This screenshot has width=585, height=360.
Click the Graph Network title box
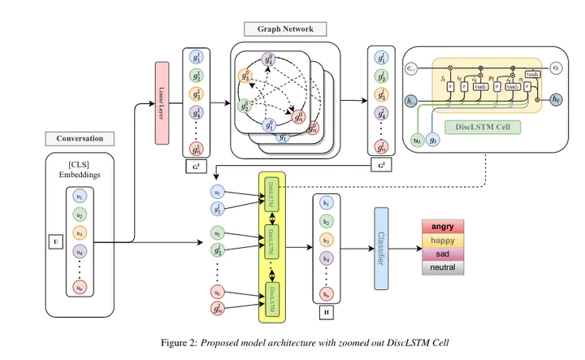[x=291, y=28]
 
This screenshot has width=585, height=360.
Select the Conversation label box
[x=80, y=138]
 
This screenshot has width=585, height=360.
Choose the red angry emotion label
[x=444, y=227]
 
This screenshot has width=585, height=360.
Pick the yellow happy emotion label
[x=444, y=241]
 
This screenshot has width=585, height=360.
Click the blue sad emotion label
[x=444, y=254]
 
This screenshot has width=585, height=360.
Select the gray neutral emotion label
[x=444, y=267]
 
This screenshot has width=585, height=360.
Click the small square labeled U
[x=56, y=241]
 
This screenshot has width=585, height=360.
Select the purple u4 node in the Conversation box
[x=79, y=251]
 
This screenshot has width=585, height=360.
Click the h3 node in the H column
[x=327, y=240]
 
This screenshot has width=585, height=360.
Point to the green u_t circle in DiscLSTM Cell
[x=418, y=140]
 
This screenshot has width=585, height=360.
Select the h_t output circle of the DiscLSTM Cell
[x=556, y=99]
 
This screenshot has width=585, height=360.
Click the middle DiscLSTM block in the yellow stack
[x=270, y=239]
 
